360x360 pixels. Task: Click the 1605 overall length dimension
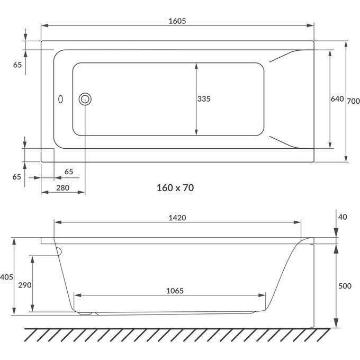tap(177, 21)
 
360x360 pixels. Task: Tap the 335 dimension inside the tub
tap(204, 99)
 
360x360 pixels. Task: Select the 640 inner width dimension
tap(337, 99)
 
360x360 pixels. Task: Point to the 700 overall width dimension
tap(353, 101)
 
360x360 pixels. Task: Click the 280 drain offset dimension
tap(62, 188)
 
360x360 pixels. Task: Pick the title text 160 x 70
tap(175, 188)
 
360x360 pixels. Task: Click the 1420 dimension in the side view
tap(177, 218)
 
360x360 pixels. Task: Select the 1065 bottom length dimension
tap(175, 291)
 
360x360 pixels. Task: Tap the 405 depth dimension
tap(6, 277)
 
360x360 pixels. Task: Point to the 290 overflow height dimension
tap(25, 285)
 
